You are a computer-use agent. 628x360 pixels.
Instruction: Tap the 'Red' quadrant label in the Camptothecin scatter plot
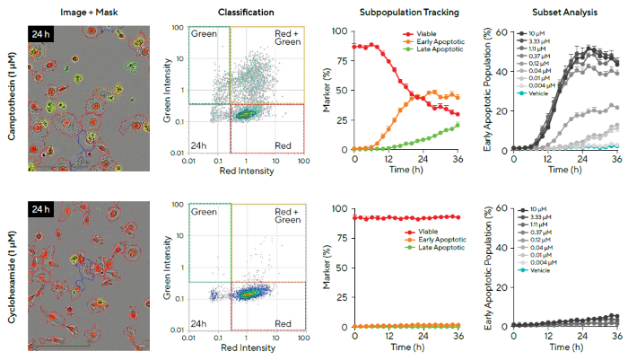tap(282, 144)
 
